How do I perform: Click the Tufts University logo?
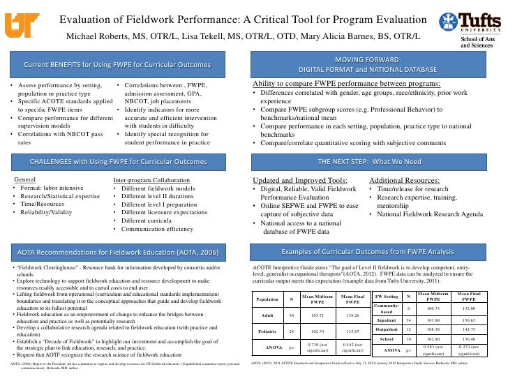(475, 20)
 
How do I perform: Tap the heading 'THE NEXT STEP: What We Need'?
(379, 160)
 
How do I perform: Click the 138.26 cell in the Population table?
(353, 315)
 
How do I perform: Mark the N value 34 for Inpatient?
(408, 320)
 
